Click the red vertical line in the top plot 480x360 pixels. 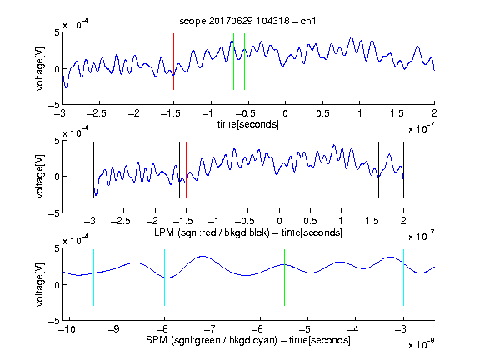click(173, 62)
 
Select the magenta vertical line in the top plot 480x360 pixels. click(397, 62)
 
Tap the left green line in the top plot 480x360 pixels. click(233, 62)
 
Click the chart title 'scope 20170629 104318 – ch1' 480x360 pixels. click(247, 21)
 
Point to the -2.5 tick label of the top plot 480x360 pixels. click(96, 113)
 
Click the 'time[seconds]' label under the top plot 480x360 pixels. click(248, 124)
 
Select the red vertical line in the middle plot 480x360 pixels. click(186, 170)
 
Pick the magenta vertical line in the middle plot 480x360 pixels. click(372, 170)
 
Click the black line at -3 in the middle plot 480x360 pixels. click(93, 170)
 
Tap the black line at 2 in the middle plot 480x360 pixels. click(403, 170)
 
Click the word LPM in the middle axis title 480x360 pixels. click(164, 232)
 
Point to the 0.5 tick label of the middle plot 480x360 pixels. click(310, 221)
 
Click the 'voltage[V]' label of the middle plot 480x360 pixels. click(40, 177)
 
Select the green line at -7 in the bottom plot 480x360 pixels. click(212, 277)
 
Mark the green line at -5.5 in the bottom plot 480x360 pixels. click(284, 277)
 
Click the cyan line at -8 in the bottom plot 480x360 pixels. click(165, 277)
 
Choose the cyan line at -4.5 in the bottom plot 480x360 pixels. click(332, 277)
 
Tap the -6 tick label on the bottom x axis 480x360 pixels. click(259, 329)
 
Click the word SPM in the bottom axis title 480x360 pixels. click(157, 340)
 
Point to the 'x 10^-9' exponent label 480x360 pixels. click(421, 344)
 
